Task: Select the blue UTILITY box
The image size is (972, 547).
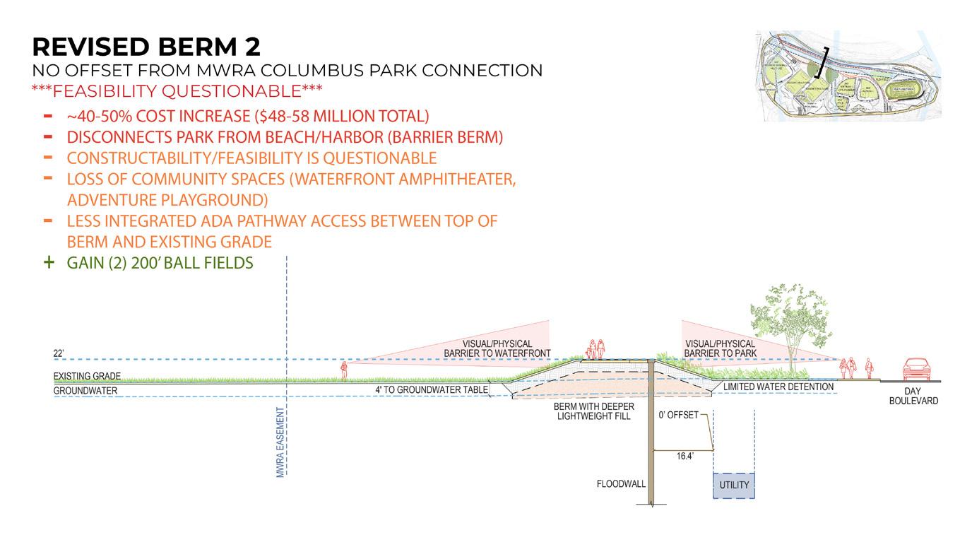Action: (733, 486)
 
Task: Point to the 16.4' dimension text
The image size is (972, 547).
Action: (684, 457)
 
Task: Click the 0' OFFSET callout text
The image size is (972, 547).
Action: (679, 415)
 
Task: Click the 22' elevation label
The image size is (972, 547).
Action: (59, 353)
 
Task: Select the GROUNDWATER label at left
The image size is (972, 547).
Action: (85, 391)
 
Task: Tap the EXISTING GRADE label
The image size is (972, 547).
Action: (87, 376)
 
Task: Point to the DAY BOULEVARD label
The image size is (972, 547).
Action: (913, 396)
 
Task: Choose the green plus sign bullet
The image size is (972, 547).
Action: (48, 262)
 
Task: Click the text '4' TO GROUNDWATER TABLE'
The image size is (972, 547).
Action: (431, 389)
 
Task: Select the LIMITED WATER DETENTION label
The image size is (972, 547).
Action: (778, 387)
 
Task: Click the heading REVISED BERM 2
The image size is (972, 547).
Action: (146, 47)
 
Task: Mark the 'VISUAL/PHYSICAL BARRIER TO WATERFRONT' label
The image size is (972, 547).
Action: (497, 348)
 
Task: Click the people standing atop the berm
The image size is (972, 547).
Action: (597, 349)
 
